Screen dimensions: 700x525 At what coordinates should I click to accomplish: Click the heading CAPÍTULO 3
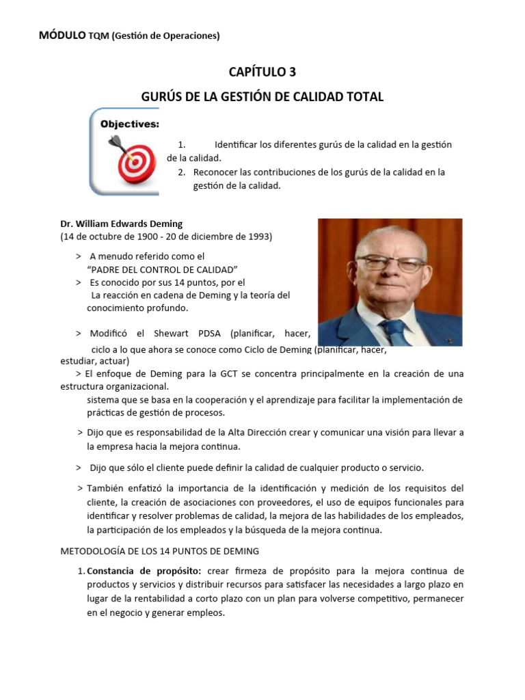(262, 72)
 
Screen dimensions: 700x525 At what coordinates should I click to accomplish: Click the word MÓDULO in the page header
(62, 35)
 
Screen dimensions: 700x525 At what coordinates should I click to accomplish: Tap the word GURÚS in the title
(161, 97)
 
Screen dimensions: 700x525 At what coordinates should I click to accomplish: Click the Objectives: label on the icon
(130, 124)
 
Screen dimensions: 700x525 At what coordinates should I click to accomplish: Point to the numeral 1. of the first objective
(182, 145)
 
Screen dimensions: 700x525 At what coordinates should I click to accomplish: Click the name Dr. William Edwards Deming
(122, 224)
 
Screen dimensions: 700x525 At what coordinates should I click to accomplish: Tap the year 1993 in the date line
(258, 237)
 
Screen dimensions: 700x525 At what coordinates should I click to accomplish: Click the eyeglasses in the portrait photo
(391, 262)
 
